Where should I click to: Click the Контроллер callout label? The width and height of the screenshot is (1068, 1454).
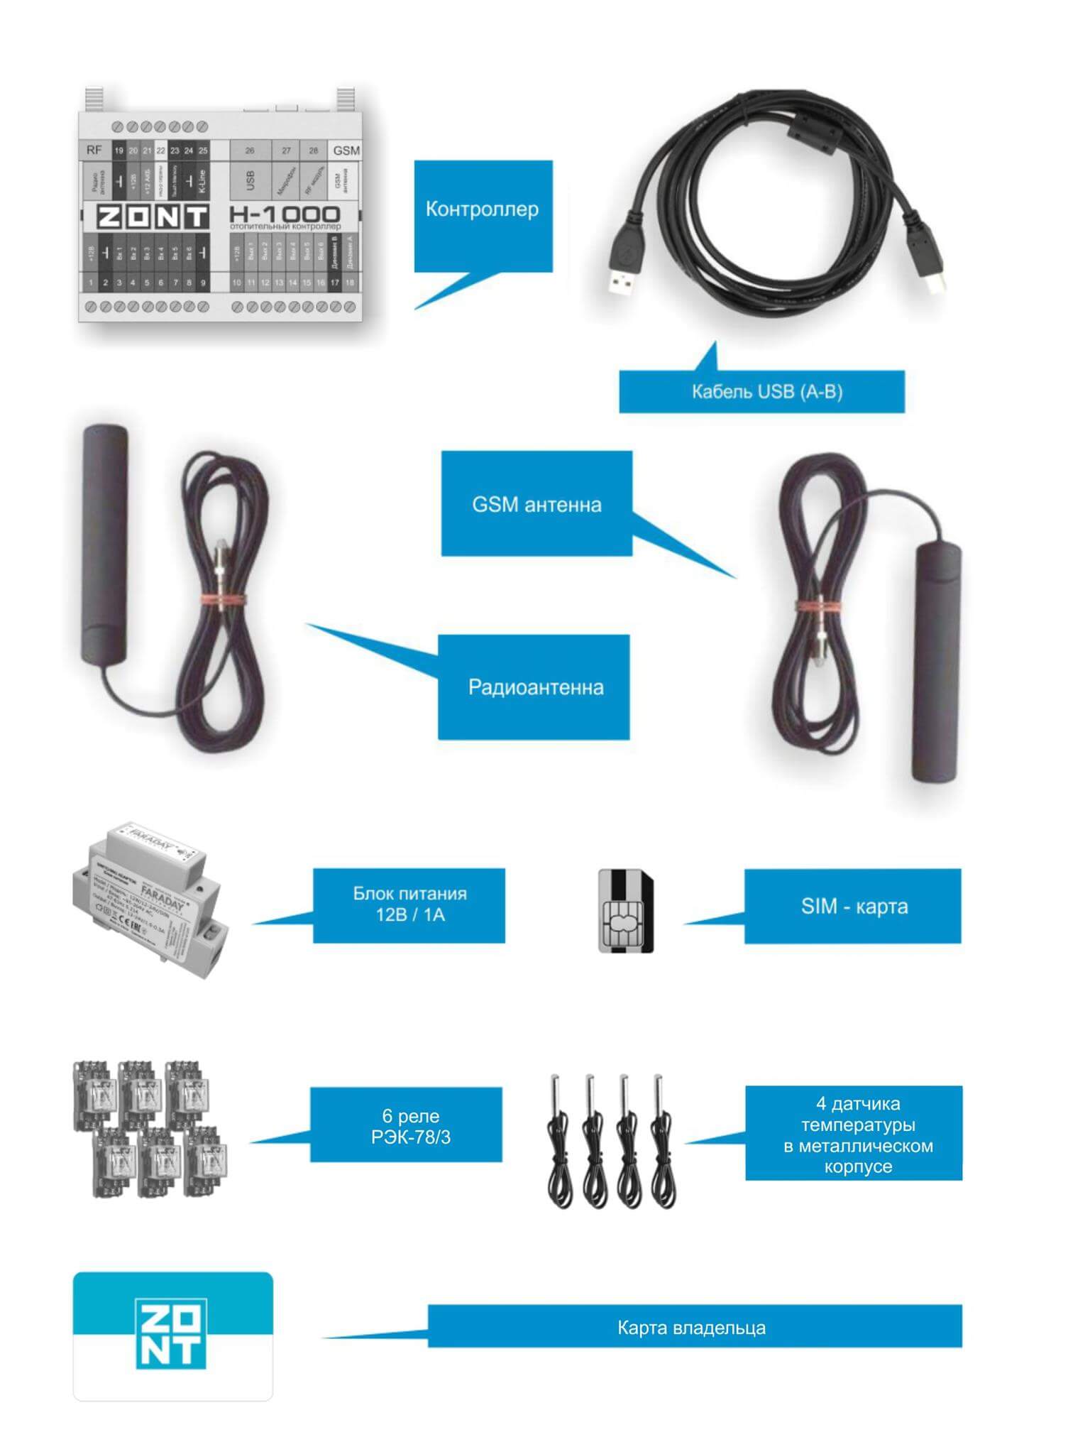coord(483,209)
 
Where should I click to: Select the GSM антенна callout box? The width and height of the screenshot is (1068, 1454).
coord(536,504)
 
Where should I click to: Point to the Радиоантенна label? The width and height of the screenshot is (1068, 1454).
coord(535,687)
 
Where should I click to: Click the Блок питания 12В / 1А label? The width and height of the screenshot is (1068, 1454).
coord(409,904)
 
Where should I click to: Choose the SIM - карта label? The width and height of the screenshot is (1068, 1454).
coord(854,906)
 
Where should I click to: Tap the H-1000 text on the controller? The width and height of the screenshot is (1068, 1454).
coord(285,214)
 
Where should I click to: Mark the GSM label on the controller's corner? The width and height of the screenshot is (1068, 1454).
coord(346,151)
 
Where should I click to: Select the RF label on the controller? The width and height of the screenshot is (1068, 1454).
coord(94,150)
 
